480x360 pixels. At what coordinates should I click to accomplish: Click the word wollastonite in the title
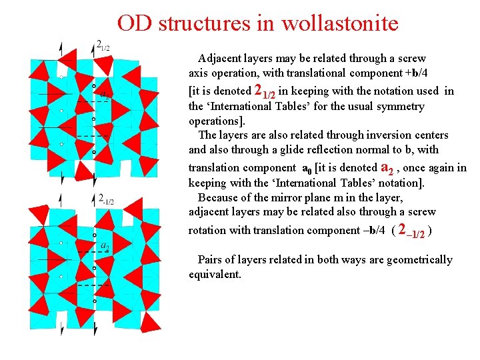[x=340, y=23]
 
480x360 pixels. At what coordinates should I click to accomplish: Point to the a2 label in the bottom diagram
[x=105, y=246]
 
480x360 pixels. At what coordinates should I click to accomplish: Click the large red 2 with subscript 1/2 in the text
[x=265, y=91]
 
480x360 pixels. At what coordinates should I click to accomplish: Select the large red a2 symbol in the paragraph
[x=388, y=167]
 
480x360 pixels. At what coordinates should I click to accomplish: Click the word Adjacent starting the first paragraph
[x=223, y=58]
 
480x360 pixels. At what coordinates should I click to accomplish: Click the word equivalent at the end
[x=215, y=274]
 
